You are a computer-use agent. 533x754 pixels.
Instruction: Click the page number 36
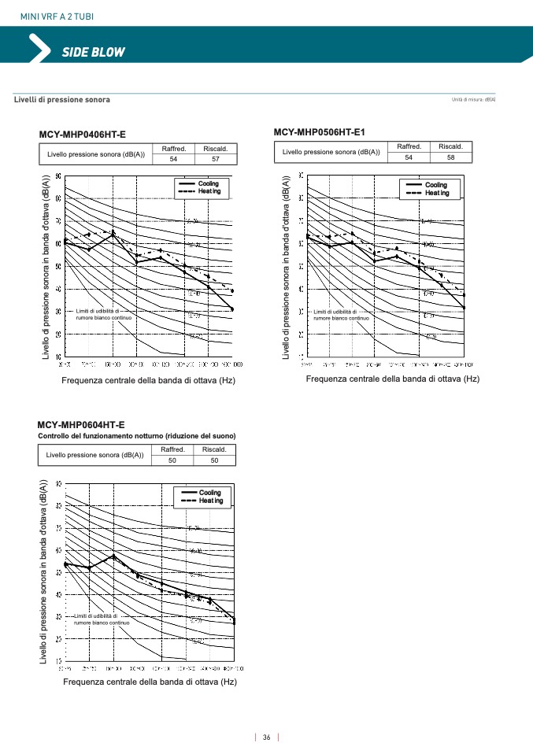[x=267, y=737]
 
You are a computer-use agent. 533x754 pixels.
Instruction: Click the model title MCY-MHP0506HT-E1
[x=320, y=131]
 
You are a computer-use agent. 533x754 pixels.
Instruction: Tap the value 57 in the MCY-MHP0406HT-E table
[x=216, y=159]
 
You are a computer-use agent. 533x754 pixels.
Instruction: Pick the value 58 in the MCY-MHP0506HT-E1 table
[x=450, y=157]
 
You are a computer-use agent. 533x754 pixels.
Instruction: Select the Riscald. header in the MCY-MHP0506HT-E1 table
[x=450, y=146]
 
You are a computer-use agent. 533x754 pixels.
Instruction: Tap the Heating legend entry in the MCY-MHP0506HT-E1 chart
[x=437, y=193]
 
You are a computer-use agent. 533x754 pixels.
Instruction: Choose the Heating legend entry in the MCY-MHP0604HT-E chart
[x=210, y=501]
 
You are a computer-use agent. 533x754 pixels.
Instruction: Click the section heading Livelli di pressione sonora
[x=62, y=99]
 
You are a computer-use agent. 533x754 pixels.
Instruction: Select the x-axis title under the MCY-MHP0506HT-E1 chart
[x=392, y=379]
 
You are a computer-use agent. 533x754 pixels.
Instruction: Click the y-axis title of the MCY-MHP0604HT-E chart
[x=45, y=571]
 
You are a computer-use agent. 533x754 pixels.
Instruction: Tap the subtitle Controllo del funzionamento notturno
[x=137, y=435]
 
